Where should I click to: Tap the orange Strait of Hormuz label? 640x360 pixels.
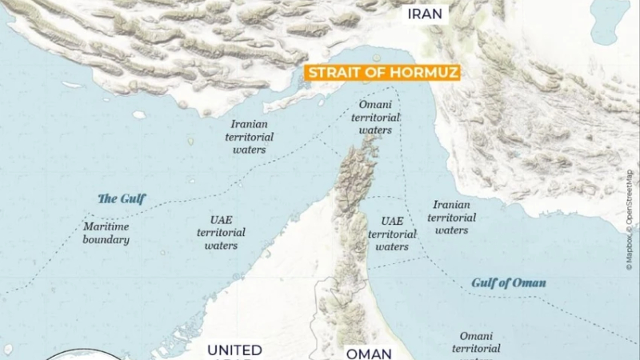381,73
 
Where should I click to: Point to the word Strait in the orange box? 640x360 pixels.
329,73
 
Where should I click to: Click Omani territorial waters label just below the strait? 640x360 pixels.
375,118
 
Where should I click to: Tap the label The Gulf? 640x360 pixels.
122,198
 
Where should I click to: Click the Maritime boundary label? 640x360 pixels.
106,233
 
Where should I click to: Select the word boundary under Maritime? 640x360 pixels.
106,240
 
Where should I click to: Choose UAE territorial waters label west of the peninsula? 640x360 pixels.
221,232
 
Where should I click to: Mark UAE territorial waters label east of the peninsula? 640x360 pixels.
392,234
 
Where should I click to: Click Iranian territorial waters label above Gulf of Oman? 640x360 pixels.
452,218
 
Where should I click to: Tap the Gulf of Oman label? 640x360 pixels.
509,283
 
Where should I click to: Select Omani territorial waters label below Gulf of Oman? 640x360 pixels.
476,342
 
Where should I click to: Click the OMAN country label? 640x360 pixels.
368,353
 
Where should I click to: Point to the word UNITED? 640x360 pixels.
234,350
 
